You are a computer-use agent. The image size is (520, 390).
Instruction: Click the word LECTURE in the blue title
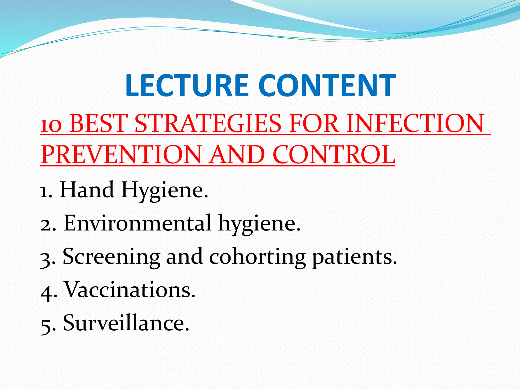tap(187, 86)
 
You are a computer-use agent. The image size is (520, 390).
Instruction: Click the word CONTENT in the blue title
tap(327, 86)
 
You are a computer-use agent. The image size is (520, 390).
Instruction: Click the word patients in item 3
tap(354, 257)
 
